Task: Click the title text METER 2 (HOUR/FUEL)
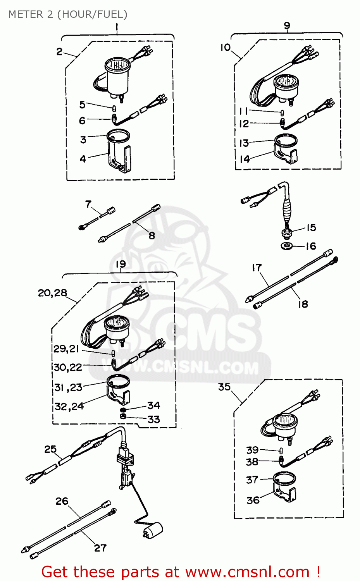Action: point(67,14)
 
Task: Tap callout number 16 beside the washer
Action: point(311,246)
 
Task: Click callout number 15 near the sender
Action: point(311,228)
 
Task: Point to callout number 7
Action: point(88,204)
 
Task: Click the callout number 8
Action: point(152,235)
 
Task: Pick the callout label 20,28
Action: point(52,293)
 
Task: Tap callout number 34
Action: point(153,406)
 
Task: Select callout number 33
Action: point(153,419)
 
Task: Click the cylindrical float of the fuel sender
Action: point(153,529)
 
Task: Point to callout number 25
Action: point(50,449)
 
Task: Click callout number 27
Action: point(100,548)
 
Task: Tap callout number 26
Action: point(62,501)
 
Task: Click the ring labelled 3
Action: point(118,136)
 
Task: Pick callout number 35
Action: point(224,387)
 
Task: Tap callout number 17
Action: point(257,268)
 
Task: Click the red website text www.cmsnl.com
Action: point(247,572)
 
